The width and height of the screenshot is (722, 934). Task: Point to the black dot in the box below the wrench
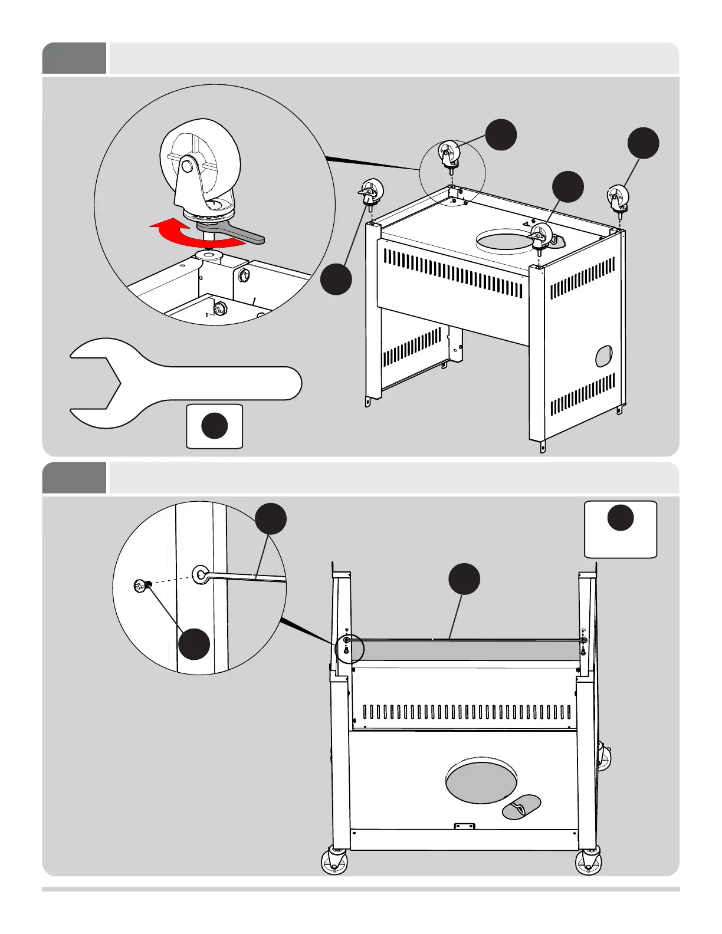[215, 426]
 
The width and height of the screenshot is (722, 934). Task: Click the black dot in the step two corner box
[621, 518]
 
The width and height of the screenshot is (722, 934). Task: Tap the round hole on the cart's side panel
[604, 356]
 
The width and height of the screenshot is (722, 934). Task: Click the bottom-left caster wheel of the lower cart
[334, 861]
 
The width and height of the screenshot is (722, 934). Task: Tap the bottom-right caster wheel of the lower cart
[588, 861]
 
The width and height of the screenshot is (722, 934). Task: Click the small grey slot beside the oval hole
[521, 807]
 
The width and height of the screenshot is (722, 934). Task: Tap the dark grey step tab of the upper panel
[74, 58]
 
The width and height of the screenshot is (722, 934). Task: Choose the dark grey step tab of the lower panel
[74, 478]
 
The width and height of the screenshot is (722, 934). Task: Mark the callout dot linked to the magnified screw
[194, 644]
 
